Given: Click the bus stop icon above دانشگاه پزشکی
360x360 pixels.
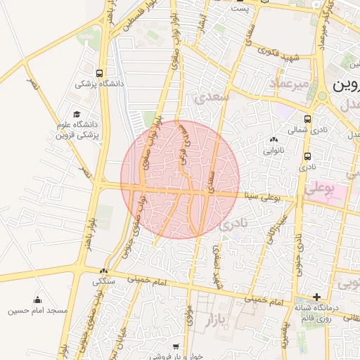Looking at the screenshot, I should pos(99,72).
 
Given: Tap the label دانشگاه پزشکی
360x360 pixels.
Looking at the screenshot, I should pos(99,84).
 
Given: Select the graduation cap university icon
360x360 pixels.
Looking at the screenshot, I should pos(77,115).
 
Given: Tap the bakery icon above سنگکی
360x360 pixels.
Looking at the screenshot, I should pos(104,271).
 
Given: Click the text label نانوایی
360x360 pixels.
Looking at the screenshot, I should pos(274,150).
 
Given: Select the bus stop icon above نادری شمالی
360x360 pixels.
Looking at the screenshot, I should pos(307,119).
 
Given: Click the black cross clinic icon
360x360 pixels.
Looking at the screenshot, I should pos(317,297).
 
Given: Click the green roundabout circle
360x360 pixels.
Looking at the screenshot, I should pos(321,96).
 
